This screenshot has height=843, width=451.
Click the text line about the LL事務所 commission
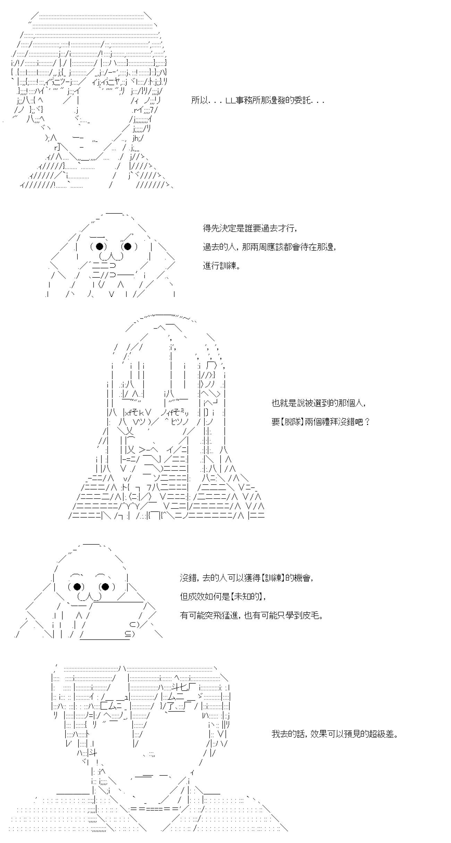(x=258, y=101)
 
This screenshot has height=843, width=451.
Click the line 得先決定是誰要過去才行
(x=250, y=228)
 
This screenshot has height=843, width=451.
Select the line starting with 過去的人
(x=269, y=247)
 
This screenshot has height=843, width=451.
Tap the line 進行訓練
(x=221, y=266)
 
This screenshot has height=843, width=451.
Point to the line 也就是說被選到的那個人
(x=318, y=403)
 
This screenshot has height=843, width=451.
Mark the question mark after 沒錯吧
(x=367, y=422)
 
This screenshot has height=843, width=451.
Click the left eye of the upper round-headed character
(x=100, y=246)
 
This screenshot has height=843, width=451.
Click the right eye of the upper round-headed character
(x=128, y=246)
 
